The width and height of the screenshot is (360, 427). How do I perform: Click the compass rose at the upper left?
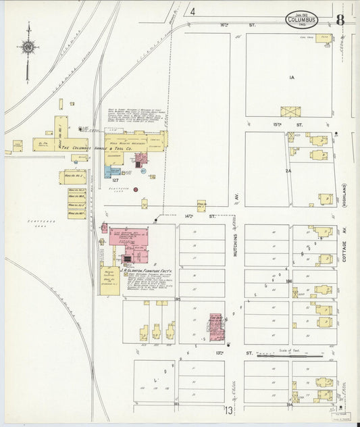(28, 47)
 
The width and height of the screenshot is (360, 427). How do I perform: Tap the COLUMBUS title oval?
(301, 19)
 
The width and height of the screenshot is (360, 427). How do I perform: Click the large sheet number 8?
(340, 20)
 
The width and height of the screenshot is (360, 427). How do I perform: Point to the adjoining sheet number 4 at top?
(192, 11)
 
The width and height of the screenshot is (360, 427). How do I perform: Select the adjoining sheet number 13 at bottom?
(229, 410)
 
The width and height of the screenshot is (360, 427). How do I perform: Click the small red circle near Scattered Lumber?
(136, 190)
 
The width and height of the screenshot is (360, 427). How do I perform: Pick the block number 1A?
(292, 78)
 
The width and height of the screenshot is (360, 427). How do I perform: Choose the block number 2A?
(288, 171)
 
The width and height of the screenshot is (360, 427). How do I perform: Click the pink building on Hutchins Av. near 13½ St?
(216, 326)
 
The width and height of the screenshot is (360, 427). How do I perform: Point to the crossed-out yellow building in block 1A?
(290, 111)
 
